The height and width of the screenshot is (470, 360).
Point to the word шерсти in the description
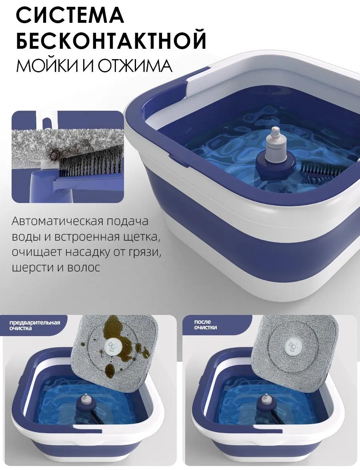(30, 267)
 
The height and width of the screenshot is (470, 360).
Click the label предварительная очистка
(35, 325)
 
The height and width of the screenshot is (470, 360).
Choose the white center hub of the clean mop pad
(291, 347)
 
